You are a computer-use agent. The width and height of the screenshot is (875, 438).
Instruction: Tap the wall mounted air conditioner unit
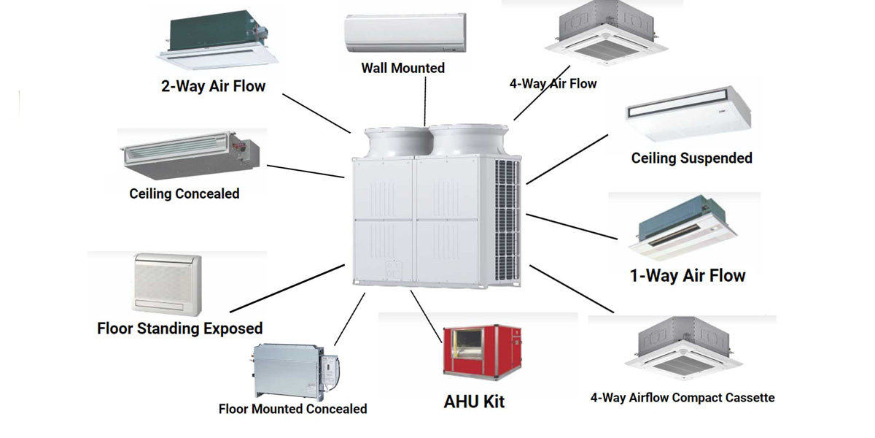click(403, 33)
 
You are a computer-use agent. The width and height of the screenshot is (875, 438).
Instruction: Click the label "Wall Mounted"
click(402, 68)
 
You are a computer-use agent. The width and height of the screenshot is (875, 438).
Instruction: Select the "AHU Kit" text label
click(474, 401)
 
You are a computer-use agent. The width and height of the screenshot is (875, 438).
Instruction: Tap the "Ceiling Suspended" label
click(691, 158)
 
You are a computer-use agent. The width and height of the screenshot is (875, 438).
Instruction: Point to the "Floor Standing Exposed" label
click(179, 328)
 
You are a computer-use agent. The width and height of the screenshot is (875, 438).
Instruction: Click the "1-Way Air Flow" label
click(688, 276)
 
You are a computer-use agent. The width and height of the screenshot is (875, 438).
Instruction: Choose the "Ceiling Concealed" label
click(184, 193)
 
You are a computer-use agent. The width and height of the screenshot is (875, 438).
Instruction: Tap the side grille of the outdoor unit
click(507, 219)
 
